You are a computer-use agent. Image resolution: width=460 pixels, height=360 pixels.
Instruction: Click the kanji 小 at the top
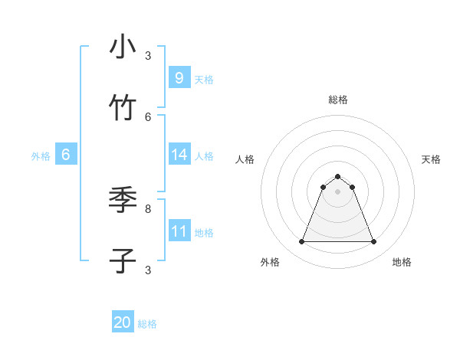coord(123,47)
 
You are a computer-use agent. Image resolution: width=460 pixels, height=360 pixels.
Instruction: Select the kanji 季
coord(123,200)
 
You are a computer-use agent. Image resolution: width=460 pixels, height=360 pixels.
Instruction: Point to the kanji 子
coord(123,261)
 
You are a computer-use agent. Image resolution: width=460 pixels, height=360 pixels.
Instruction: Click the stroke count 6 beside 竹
coord(148,116)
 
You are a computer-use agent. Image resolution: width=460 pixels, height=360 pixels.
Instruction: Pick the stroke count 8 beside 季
coord(148,208)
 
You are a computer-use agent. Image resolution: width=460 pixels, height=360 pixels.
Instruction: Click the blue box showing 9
coord(179,78)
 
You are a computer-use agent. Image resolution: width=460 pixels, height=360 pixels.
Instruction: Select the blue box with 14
coord(179,155)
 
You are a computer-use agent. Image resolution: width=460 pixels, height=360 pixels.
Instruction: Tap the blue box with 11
coord(179,231)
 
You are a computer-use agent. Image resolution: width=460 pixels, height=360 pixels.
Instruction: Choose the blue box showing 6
coord(66,155)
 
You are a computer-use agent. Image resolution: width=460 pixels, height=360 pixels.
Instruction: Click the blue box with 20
coord(123,322)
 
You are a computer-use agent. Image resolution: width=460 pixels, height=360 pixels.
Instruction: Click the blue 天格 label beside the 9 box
coord(204,79)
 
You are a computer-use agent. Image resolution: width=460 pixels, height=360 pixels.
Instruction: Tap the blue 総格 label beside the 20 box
coord(147,324)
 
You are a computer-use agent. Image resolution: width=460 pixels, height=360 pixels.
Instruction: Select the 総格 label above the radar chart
coord(338,100)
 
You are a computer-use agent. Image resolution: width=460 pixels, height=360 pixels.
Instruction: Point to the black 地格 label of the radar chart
coord(402,262)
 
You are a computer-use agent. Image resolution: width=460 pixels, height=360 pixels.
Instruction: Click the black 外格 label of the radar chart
coord(270,262)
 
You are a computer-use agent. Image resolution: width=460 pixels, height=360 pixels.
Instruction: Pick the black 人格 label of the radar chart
coord(245,159)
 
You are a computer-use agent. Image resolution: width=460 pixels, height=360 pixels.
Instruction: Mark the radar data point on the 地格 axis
coord(373,242)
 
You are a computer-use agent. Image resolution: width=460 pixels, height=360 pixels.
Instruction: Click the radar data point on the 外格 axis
coord(301,242)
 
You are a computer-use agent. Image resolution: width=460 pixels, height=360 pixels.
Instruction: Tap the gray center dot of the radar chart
coord(337,191)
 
